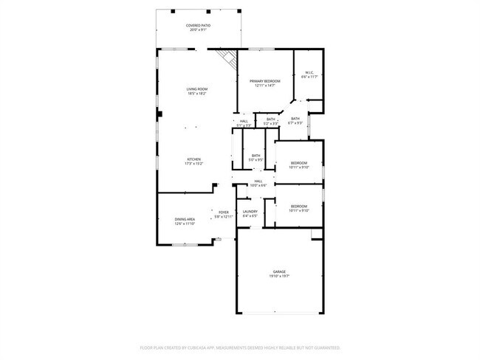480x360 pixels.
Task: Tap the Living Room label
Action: [x=196, y=89]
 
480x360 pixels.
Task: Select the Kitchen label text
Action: [x=193, y=159]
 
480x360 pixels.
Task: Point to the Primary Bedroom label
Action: [x=264, y=81]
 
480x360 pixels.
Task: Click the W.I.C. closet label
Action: [x=309, y=72]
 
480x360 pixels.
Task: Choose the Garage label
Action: [x=279, y=272]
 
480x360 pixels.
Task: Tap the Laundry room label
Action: [x=250, y=212]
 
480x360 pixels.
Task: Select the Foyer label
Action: [x=223, y=212]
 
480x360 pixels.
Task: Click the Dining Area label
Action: [x=185, y=219]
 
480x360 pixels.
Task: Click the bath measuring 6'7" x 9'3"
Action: [x=295, y=120]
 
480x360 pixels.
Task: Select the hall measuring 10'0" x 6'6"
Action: [x=258, y=182]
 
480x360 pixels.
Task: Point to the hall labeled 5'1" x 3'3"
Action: [x=244, y=122]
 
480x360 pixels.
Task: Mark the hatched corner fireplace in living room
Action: [x=227, y=58]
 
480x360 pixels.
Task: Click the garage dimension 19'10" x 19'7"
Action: [x=279, y=277]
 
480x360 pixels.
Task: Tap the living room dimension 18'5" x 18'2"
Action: [x=196, y=94]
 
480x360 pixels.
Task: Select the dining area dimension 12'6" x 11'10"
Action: [x=185, y=224]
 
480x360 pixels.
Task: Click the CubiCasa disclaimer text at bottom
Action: [x=240, y=347]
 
